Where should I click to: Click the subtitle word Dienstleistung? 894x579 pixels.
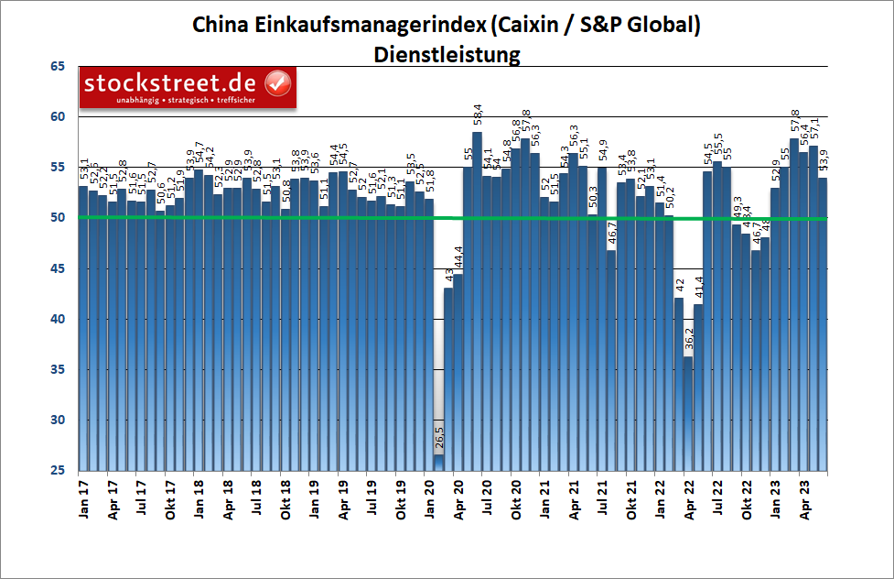(x=447, y=54)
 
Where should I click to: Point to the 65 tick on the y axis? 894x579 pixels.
(x=58, y=67)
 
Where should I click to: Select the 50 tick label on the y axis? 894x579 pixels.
(x=58, y=218)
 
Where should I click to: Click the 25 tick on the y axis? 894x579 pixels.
(x=58, y=471)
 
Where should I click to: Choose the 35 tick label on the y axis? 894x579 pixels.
(x=58, y=370)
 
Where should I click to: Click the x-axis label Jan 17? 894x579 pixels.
(x=83, y=499)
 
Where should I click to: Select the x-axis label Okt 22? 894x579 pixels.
(x=747, y=499)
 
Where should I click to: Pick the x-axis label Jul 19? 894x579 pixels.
(x=372, y=499)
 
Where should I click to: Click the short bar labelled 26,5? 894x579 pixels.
(x=439, y=463)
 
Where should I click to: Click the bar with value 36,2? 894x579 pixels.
(x=689, y=412)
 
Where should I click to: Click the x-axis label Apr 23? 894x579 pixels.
(x=804, y=499)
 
